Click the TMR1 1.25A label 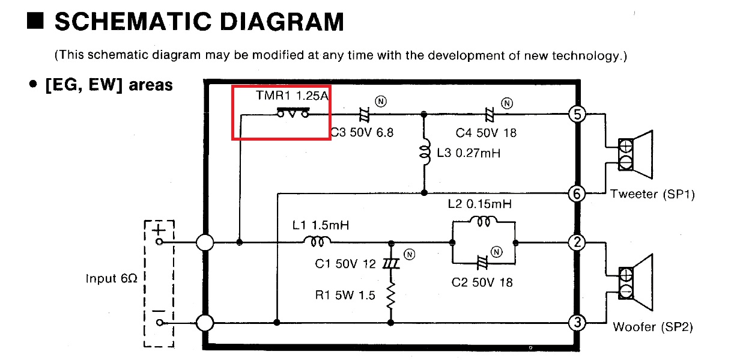coord(292,96)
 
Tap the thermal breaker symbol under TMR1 coord(293,112)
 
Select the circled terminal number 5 coord(577,114)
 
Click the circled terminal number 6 coord(577,194)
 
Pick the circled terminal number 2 coord(577,242)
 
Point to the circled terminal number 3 coord(577,323)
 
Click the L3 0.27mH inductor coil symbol coord(425,153)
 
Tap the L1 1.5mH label coord(321,225)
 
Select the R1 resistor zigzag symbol coord(390,295)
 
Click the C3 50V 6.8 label coord(362,132)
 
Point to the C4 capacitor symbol coord(489,115)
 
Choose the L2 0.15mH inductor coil coord(484,221)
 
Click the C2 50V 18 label coord(482,282)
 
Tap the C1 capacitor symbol coord(391,263)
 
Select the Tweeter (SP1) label coord(652,194)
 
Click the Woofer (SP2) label coord(653,327)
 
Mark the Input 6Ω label coord(111,278)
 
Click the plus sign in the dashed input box coord(159,230)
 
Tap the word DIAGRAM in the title coord(282,22)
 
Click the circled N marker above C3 coord(381,102)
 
